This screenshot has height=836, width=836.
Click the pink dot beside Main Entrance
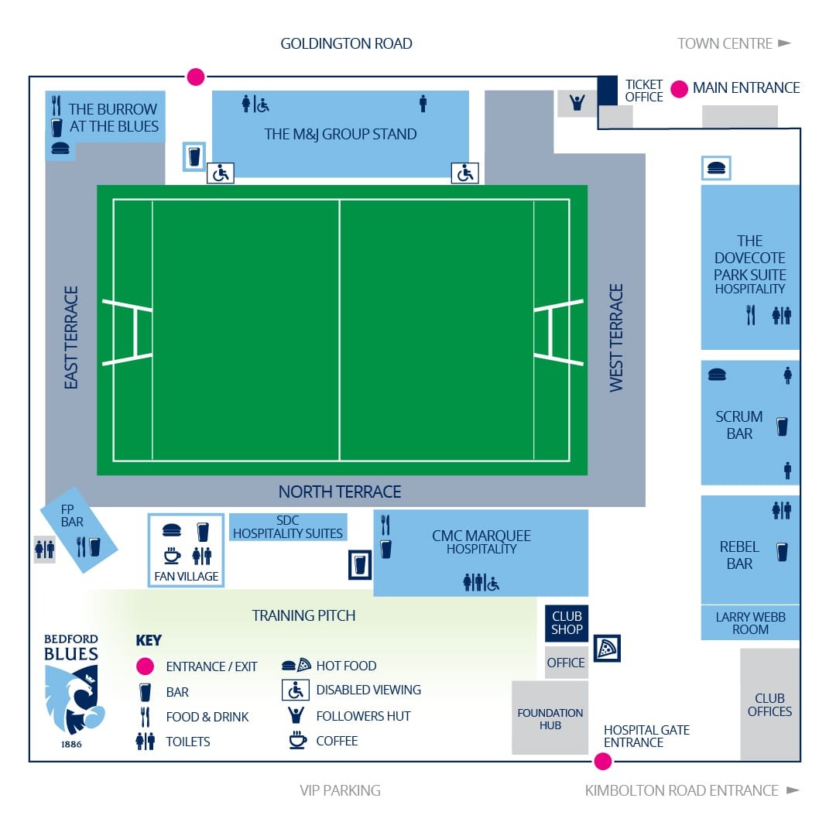[x=679, y=89]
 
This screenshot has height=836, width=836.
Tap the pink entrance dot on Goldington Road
[x=196, y=77]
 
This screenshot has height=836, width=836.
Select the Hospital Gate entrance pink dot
[x=602, y=762]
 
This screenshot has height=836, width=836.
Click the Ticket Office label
[x=643, y=91]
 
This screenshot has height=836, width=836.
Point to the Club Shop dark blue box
[x=566, y=622]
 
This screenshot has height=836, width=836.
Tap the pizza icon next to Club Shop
[x=607, y=649]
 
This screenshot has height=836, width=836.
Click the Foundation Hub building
[x=550, y=718]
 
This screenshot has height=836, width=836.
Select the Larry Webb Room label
[x=750, y=622]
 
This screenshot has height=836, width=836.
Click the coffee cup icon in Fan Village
[x=172, y=555]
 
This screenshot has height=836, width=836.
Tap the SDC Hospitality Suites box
[x=288, y=527]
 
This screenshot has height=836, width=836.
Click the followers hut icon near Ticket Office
[x=577, y=102]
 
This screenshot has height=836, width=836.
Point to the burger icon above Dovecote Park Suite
[x=716, y=169]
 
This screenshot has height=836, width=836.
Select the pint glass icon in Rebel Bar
[x=782, y=553]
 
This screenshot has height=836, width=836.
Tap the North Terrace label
[x=340, y=492]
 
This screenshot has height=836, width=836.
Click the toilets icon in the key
[x=145, y=741]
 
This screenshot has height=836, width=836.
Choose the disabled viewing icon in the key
[x=296, y=690]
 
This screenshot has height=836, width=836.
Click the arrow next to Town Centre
[x=784, y=43]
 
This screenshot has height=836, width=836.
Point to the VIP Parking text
[x=340, y=790]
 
